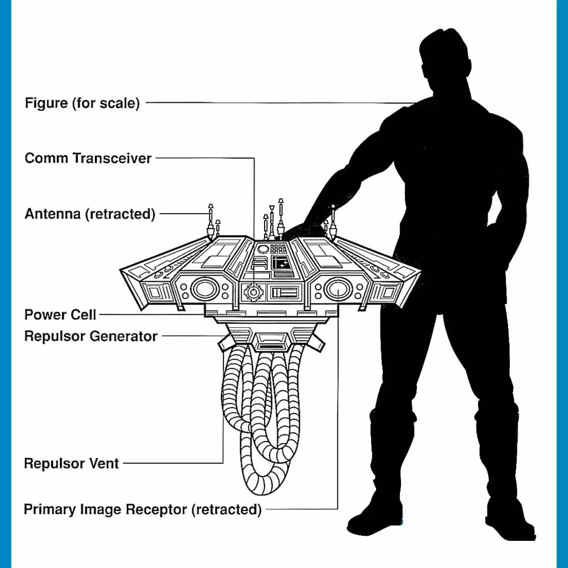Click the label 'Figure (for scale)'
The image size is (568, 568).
tap(82, 103)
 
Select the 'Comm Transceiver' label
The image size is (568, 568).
tap(88, 158)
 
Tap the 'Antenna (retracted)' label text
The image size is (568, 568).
tap(90, 214)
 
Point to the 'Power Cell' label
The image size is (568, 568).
tap(60, 315)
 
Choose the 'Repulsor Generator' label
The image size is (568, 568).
tap(91, 336)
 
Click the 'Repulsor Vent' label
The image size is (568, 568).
tap(72, 463)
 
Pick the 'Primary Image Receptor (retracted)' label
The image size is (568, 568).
tap(143, 509)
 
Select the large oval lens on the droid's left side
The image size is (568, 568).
tap(204, 288)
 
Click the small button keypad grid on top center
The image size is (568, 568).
tap(278, 249)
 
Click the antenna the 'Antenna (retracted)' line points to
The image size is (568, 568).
tap(210, 219)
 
